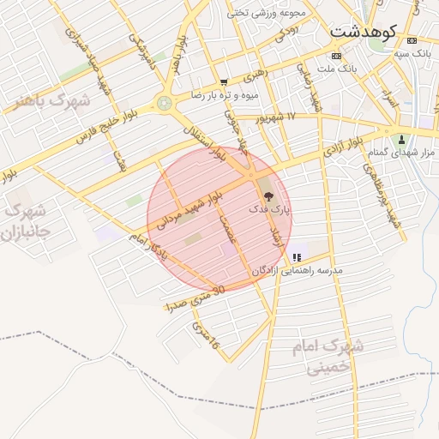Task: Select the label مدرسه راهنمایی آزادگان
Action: pyautogui.click(x=297, y=270)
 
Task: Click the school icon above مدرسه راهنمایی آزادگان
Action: pyautogui.click(x=297, y=257)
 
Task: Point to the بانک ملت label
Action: pyautogui.click(x=336, y=68)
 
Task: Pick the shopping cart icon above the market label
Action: pyautogui.click(x=224, y=83)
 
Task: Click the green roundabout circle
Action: pyautogui.click(x=164, y=104)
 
